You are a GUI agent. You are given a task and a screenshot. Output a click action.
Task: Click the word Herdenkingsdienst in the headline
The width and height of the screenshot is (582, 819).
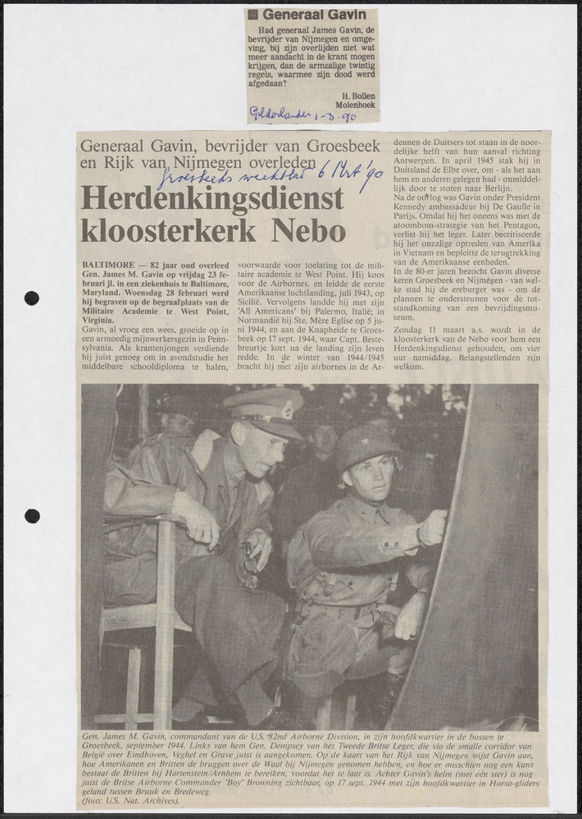point(212,198)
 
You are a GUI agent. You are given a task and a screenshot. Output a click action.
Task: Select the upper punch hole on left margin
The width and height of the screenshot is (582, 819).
point(31,297)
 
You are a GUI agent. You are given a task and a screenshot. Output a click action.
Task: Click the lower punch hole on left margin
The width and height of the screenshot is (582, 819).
point(31,515)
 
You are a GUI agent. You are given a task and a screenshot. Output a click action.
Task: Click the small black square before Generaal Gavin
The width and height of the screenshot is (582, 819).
point(253,15)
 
